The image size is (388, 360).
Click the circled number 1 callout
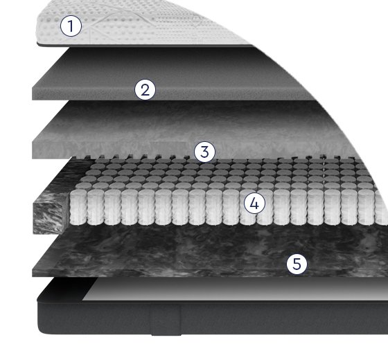(71, 26)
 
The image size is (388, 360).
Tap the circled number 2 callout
(145, 89)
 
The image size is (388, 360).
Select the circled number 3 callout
(204, 152)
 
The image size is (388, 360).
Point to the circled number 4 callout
(254, 204)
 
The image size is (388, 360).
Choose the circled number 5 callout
(297, 264)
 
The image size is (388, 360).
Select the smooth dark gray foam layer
(173, 74)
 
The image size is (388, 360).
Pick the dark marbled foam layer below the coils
(211, 252)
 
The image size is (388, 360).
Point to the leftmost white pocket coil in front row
(78, 207)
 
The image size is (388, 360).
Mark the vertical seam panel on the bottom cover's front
(166, 319)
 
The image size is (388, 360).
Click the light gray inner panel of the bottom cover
(235, 289)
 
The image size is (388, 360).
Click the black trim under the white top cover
(143, 45)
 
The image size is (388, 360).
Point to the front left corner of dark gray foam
(33, 100)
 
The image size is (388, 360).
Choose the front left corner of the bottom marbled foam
(33, 276)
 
